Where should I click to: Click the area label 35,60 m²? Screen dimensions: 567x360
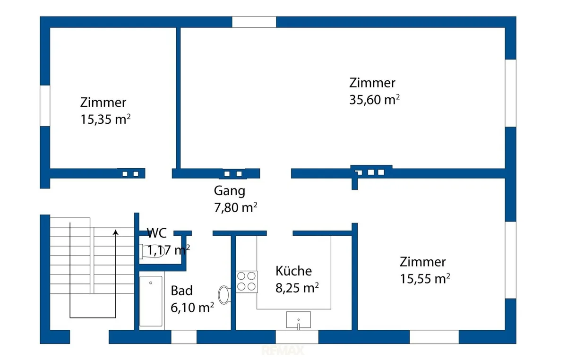pos(374,100)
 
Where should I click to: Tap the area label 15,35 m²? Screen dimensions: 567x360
pos(105,119)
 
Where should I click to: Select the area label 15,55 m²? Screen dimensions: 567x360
pos(425,278)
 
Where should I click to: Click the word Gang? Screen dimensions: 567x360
pos(230,191)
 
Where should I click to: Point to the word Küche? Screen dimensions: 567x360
pos(293,271)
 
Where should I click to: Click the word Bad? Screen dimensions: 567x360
pos(181,291)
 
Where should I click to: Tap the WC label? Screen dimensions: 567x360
pos(157,233)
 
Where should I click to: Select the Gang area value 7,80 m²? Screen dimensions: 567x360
pos(236,207)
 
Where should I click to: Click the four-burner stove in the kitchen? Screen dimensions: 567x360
pos(247,282)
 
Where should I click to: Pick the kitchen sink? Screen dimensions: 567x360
pos(299,320)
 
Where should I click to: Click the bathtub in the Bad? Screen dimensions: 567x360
pos(151,301)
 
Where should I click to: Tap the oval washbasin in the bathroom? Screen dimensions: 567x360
pos(224,295)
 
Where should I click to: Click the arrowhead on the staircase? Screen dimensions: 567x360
pos(116,232)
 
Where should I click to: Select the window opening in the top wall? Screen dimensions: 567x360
pos(254,22)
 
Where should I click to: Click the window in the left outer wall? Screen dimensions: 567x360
pos(45,105)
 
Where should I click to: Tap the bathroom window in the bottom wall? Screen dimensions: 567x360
pos(184,337)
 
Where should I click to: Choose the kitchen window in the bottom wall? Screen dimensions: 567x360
pos(297,337)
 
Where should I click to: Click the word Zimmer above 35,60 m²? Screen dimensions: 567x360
pos(372,83)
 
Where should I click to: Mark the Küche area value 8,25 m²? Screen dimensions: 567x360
pos(297,288)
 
